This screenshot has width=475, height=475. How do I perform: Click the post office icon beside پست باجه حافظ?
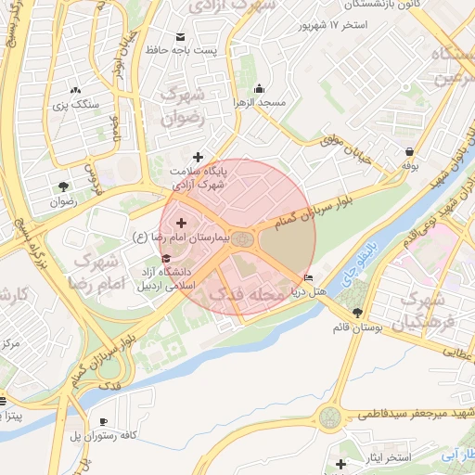[179, 37]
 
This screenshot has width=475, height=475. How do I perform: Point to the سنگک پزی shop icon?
[73, 91]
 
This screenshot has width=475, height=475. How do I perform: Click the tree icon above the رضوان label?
[62, 185]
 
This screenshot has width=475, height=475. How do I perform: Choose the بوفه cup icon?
[410, 151]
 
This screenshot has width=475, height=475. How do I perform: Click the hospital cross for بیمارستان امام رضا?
[180, 223]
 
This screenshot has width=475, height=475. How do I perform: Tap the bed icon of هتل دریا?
[309, 277]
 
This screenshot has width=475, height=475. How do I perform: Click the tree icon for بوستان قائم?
[358, 313]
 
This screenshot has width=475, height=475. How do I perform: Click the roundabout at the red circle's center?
[243, 239]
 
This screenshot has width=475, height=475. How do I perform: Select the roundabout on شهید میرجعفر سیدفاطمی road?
[330, 417]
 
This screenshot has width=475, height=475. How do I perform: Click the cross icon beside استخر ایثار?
[341, 464]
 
